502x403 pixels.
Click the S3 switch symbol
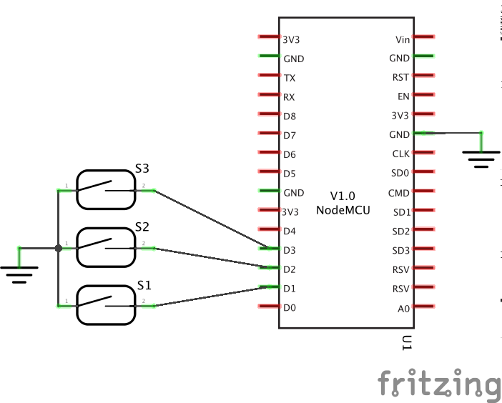(x=106, y=189)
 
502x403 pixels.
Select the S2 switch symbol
(x=106, y=247)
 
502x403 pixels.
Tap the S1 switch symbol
(x=106, y=305)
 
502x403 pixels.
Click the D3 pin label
(x=290, y=251)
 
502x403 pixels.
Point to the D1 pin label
(x=290, y=289)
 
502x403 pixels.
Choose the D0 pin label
(x=290, y=309)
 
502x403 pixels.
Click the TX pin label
(x=290, y=78)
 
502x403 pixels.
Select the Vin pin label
(x=402, y=39)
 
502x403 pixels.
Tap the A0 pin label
(x=403, y=309)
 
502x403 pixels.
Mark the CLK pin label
(x=401, y=154)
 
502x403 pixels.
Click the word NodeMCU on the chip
(x=343, y=209)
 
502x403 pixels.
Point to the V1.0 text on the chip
(x=343, y=196)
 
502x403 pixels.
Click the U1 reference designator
(x=406, y=343)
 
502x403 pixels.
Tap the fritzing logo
(x=438, y=384)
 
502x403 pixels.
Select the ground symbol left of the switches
(x=19, y=270)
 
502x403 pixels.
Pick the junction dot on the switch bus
(x=58, y=248)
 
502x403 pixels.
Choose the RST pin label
(x=401, y=78)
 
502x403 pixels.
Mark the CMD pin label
(x=399, y=193)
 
